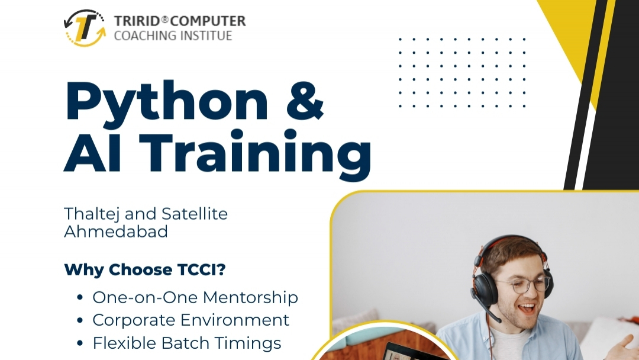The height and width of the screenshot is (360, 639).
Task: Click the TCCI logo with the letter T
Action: pyautogui.click(x=85, y=28)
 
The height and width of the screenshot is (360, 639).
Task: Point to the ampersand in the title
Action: pyautogui.click(x=305, y=101)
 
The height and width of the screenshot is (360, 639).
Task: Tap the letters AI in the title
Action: pyautogui.click(x=93, y=152)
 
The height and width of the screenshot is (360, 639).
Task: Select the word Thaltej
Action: pyautogui.click(x=92, y=214)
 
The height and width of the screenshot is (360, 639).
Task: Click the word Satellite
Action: pyautogui.click(x=195, y=214)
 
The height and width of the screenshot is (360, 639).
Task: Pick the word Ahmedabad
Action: pyautogui.click(x=116, y=232)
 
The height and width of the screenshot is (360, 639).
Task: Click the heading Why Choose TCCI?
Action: pyautogui.click(x=145, y=270)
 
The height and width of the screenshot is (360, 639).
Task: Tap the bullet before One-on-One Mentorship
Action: pyautogui.click(x=80, y=298)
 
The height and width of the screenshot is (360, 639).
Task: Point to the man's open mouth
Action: pyautogui.click(x=527, y=308)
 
